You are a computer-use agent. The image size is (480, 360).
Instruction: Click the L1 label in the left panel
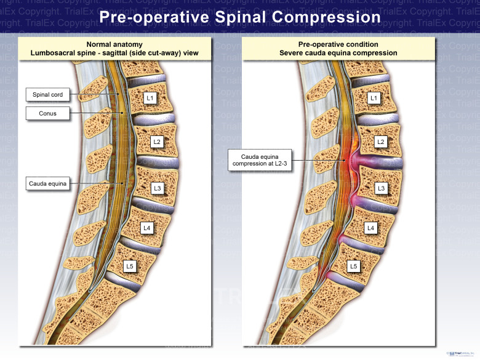coord(150,98)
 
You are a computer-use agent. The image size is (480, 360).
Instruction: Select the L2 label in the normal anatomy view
coord(158,142)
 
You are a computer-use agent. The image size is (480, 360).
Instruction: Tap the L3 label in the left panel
coord(158,188)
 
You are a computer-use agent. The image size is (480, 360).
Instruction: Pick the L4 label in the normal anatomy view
coord(146,228)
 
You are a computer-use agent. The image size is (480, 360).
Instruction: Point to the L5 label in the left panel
coord(129,266)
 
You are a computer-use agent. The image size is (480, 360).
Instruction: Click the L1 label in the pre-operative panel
coord(374,98)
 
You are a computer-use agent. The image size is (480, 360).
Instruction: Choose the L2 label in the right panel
coord(381,142)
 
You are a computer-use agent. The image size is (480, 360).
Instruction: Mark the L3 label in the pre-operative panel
coord(381,188)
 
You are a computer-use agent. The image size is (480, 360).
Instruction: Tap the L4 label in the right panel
coord(370,228)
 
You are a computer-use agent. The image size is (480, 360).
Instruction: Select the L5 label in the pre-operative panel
coord(353,266)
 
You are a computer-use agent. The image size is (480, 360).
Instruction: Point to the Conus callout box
coord(48,113)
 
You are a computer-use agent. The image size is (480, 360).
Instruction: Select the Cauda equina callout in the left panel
coord(48,183)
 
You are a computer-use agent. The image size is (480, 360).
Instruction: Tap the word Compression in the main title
coord(326,17)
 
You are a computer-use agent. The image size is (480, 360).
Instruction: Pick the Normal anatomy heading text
coord(114,44)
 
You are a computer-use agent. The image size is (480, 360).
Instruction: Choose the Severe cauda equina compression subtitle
coord(338,53)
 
